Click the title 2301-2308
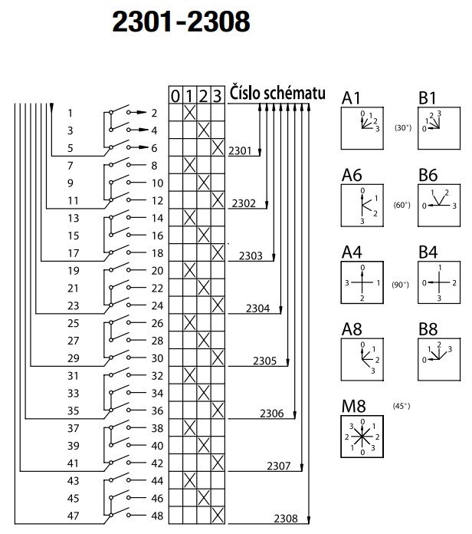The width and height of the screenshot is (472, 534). point(181,23)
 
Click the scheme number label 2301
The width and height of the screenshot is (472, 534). point(240,151)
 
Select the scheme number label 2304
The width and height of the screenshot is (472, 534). point(258,308)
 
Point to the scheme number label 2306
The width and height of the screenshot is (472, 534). point(270,414)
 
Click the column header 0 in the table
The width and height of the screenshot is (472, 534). point(175,95)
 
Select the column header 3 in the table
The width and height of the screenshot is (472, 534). point(218,95)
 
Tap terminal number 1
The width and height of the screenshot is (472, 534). point(70,113)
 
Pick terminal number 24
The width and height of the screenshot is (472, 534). point(157,305)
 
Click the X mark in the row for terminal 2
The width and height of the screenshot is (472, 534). point(189,113)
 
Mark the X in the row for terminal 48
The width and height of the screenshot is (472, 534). point(218,515)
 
